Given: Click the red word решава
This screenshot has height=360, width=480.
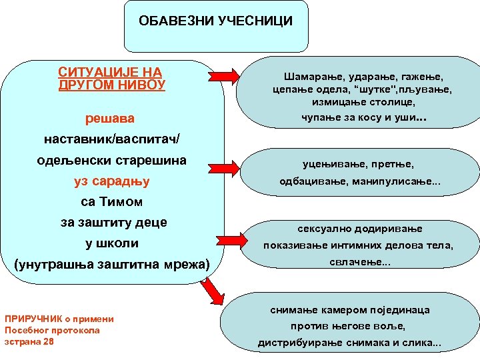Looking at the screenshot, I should coord(110,119).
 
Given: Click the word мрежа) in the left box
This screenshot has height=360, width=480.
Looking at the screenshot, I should coord(184,265).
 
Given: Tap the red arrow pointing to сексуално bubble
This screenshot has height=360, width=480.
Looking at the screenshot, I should coord(233,235).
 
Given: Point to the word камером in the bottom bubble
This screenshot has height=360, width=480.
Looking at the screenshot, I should coord(338,291).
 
